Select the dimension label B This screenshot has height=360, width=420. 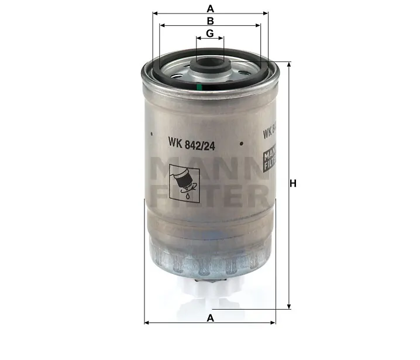tap(210, 21)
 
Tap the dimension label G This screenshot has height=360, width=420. tap(210, 34)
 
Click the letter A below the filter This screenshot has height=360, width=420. tap(210, 317)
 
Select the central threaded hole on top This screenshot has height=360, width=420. tap(210, 64)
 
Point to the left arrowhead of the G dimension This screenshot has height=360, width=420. tap(198, 39)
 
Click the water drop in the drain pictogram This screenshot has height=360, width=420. tap(187, 197)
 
